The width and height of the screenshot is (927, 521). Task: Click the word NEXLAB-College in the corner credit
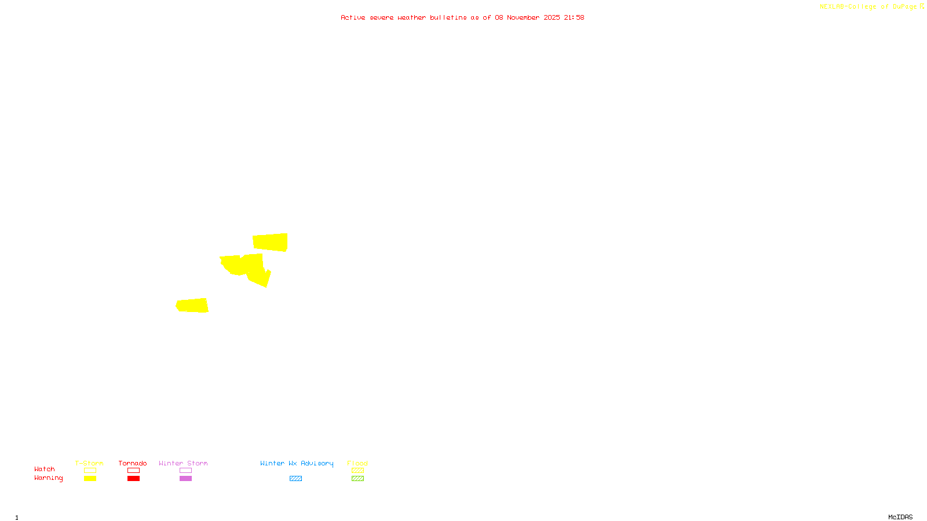[848, 7]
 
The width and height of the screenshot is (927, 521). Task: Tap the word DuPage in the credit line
[904, 7]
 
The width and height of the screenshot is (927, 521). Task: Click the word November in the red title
[523, 17]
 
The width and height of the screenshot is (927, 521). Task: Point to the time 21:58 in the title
[574, 17]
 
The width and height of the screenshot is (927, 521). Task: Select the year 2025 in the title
[552, 17]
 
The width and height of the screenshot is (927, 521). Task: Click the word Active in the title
[353, 17]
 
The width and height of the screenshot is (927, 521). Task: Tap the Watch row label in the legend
[45, 469]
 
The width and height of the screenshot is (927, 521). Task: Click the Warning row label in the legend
[48, 478]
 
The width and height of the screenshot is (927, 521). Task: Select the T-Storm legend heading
[89, 463]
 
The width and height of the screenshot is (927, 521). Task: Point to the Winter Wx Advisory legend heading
[297, 463]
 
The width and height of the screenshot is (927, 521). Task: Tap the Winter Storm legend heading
[183, 463]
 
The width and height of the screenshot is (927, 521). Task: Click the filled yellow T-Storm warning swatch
[90, 479]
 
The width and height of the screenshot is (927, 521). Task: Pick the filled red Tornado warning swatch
[134, 479]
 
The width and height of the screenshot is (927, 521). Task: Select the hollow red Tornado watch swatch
[134, 471]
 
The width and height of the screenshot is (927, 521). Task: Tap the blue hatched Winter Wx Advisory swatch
[295, 479]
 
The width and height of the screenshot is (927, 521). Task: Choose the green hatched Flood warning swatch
[357, 479]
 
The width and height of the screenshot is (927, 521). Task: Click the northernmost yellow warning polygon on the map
[270, 242]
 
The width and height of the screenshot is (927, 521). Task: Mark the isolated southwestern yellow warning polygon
[192, 305]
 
